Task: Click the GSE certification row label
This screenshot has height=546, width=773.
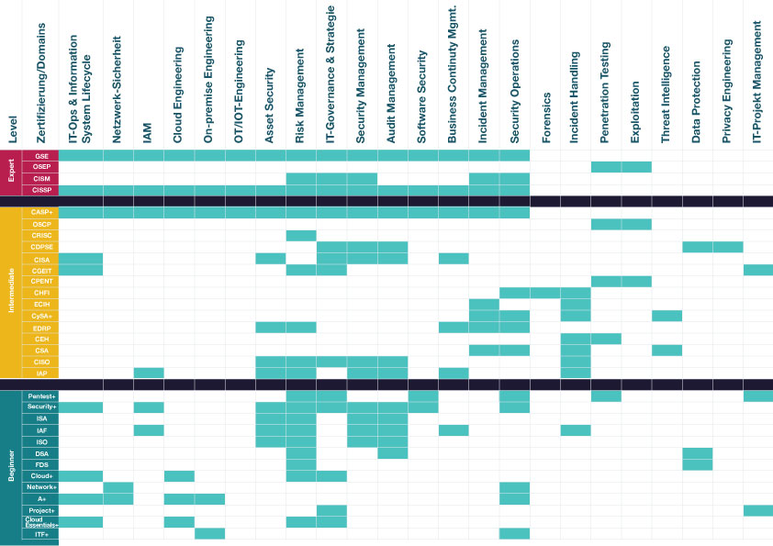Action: click(41, 156)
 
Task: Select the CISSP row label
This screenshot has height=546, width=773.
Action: click(41, 190)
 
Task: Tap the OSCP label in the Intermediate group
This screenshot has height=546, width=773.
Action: click(41, 224)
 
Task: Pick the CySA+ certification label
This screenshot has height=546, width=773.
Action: click(41, 316)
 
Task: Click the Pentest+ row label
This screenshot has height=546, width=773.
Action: click(41, 396)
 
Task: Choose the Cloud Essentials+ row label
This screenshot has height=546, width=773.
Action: click(41, 522)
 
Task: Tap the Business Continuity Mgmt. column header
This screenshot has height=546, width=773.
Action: click(453, 74)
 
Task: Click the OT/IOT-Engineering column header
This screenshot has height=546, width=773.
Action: click(240, 92)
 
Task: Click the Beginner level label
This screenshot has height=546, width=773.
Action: click(11, 466)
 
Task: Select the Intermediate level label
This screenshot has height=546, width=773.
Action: click(11, 292)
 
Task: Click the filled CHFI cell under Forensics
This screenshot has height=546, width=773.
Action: click(545, 293)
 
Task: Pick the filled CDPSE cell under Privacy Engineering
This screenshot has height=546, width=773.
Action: click(728, 247)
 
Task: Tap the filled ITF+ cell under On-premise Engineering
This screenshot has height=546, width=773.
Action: click(209, 533)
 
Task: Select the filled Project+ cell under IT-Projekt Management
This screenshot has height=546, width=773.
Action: click(758, 510)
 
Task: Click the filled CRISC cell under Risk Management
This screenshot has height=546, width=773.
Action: click(301, 236)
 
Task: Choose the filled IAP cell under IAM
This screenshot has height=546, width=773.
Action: click(149, 373)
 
